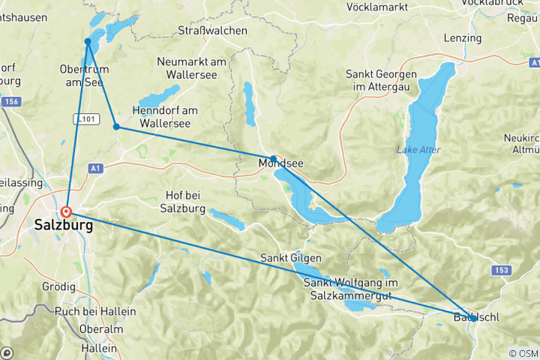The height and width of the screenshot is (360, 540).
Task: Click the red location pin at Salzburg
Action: click(x=67, y=212)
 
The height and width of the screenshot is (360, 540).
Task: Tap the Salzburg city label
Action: click(x=64, y=226)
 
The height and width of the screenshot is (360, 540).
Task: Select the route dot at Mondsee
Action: click(x=273, y=158)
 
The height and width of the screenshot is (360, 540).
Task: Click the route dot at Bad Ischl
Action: click(x=472, y=318)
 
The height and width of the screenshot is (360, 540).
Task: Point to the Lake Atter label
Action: click(x=418, y=150)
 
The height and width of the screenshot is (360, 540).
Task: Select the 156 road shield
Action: click(x=10, y=102)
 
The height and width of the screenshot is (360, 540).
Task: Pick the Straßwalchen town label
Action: click(x=212, y=31)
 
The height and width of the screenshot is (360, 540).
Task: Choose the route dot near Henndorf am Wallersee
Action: click(x=116, y=127)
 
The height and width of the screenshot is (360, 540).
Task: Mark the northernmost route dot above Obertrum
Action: click(x=88, y=41)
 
